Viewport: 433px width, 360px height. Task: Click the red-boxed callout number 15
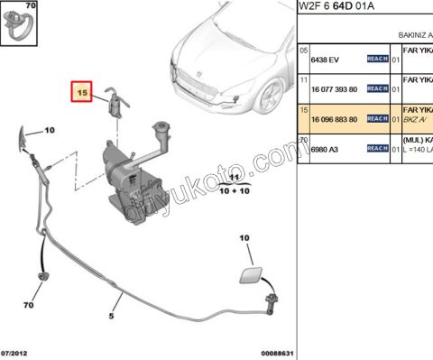click(x=81, y=91)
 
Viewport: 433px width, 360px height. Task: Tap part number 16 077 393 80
click(x=334, y=89)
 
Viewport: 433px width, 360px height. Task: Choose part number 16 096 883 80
click(x=334, y=119)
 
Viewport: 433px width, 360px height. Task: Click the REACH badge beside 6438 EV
click(x=377, y=59)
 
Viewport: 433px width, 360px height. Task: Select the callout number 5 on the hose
click(x=111, y=316)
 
